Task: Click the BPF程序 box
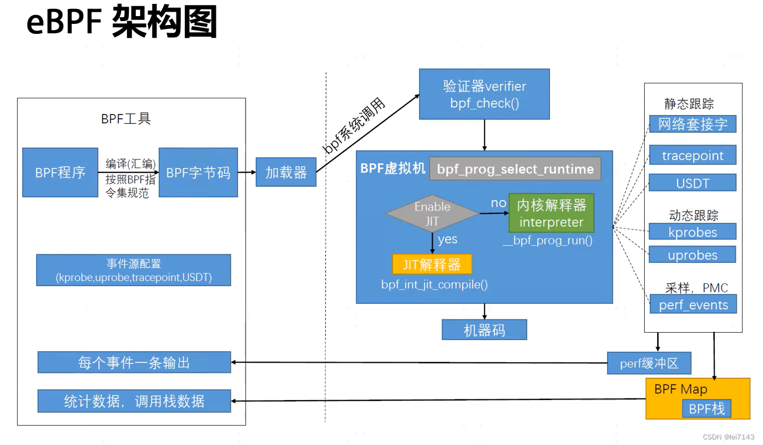pyautogui.click(x=60, y=172)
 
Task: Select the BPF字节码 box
pyautogui.click(x=198, y=172)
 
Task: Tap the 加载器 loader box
pyautogui.click(x=286, y=172)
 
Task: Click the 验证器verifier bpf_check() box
pyautogui.click(x=484, y=94)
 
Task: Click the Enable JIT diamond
pyautogui.click(x=432, y=214)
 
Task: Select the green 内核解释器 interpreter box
pyautogui.click(x=551, y=213)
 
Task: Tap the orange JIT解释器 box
pyautogui.click(x=432, y=264)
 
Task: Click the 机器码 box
pyautogui.click(x=484, y=330)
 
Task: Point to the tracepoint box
pyautogui.click(x=693, y=156)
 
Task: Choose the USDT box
pyautogui.click(x=693, y=183)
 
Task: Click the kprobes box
pyautogui.click(x=693, y=232)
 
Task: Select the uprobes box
pyautogui.click(x=693, y=255)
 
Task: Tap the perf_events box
pyautogui.click(x=693, y=304)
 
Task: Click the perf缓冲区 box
pyautogui.click(x=649, y=363)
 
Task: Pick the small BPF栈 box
pyautogui.click(x=706, y=409)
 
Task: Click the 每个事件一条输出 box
pyautogui.click(x=134, y=362)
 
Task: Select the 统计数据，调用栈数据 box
pyautogui.click(x=134, y=401)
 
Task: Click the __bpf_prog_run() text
pyautogui.click(x=547, y=241)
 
